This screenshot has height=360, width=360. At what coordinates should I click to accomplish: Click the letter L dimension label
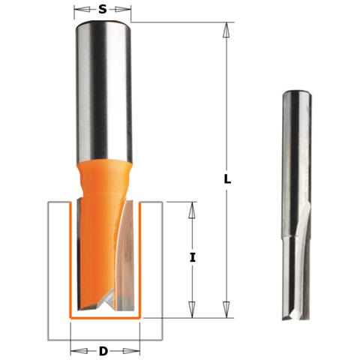pyautogui.click(x=227, y=181)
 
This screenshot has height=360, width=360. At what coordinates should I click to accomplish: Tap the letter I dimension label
pyautogui.click(x=192, y=257)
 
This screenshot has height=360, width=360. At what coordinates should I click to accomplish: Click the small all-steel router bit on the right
pyautogui.click(x=294, y=202)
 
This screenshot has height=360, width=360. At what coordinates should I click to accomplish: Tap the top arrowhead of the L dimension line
pyautogui.click(x=225, y=28)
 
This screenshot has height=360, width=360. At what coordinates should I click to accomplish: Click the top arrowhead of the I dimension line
pyautogui.click(x=192, y=209)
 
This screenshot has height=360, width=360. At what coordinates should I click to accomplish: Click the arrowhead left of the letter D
pyautogui.click(x=76, y=350)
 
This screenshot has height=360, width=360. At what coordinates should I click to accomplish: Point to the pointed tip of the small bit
pyautogui.click(x=289, y=318)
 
